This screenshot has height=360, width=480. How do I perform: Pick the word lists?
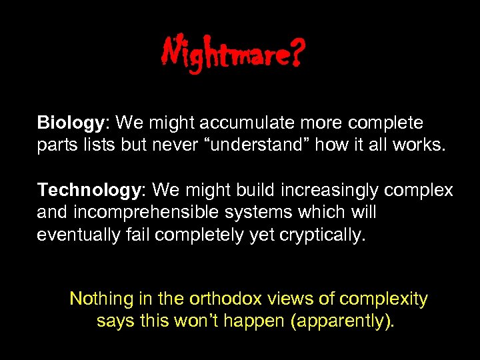[x=100, y=145]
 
